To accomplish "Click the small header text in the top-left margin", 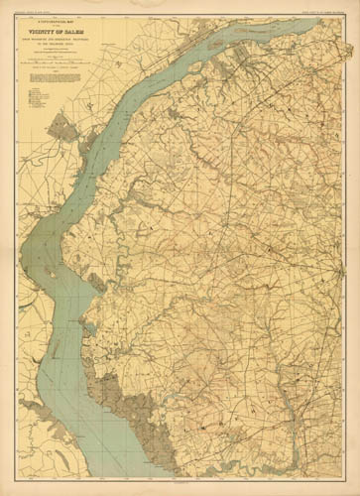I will tap(34, 11).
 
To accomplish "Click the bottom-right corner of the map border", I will tap(343, 478).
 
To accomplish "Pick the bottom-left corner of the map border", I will tap(19, 478).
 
